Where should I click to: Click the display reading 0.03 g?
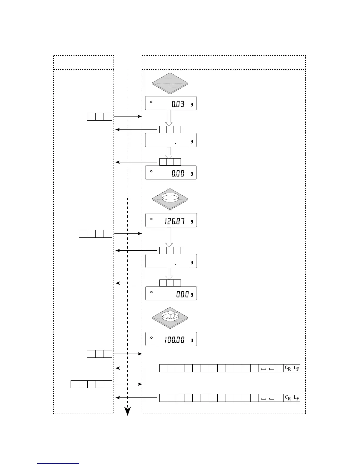coord(171,103)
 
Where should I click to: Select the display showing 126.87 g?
coord(171,220)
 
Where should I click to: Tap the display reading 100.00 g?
coord(171,339)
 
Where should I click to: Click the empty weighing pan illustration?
coord(170,83)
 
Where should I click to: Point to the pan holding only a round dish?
coord(170,199)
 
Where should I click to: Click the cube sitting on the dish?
coord(170,315)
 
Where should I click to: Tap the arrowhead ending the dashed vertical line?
coord(128,412)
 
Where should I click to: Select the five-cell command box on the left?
coord(91,384)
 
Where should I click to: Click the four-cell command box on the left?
coord(96,234)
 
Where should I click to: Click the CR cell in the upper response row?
coord(288,368)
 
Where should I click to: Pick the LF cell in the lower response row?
coord(296,398)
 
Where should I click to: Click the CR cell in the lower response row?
coord(288,398)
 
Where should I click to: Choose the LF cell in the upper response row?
coord(296,368)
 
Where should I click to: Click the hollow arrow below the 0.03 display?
coord(169,118)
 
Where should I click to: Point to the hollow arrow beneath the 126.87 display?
coord(169,237)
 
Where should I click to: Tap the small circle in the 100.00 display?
coord(151,338)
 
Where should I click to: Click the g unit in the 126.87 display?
coord(192,222)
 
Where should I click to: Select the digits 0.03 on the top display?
coord(178,104)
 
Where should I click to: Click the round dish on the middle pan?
coord(170,197)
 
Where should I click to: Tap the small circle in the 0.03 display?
coord(151,102)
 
